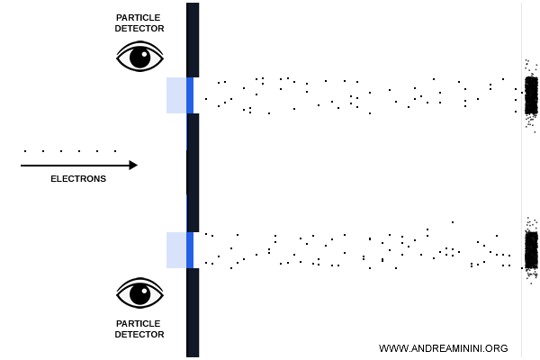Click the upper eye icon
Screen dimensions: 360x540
[x=139, y=56]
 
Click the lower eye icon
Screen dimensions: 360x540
[x=139, y=293]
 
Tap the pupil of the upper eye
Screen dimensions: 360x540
[x=139, y=58]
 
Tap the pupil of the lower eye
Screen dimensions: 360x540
[x=139, y=293]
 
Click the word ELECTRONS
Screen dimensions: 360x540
[x=78, y=179]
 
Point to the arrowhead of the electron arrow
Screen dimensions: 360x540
[x=133, y=165]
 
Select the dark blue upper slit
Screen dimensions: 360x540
[x=190, y=95]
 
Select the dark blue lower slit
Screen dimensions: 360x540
[x=190, y=250]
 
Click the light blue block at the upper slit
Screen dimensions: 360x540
[x=176, y=95]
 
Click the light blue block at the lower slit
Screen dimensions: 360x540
[x=176, y=250]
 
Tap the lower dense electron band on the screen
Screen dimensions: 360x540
[x=531, y=248]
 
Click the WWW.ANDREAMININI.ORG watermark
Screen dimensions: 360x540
[x=444, y=348]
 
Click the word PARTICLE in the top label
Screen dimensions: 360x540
[x=139, y=17]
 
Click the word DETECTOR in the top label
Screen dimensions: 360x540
[x=139, y=29]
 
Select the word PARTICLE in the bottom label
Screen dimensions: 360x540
[x=139, y=323]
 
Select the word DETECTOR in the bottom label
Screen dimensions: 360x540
[x=139, y=335]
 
